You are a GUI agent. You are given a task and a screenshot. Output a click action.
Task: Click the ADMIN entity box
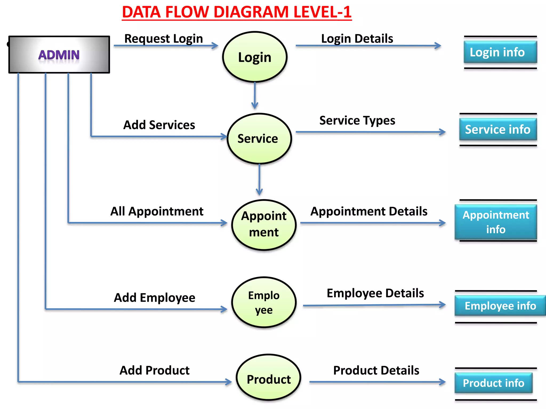click(59, 55)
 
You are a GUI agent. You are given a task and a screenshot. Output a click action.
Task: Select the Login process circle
click(255, 57)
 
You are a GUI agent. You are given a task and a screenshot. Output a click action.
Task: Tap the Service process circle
click(259, 138)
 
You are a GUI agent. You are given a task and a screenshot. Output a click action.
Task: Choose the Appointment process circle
click(264, 224)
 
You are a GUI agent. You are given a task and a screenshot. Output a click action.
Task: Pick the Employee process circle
click(264, 302)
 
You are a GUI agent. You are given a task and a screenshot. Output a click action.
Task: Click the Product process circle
click(268, 378)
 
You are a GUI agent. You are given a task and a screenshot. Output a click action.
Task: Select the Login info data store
click(500, 52)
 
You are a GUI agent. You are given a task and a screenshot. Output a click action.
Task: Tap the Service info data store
click(498, 129)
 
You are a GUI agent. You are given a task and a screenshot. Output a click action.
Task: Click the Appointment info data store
click(496, 222)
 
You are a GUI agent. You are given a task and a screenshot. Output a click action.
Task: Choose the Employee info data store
click(500, 306)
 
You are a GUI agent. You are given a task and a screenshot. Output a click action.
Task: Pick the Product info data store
click(493, 383)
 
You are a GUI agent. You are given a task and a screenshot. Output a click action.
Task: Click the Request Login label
click(163, 39)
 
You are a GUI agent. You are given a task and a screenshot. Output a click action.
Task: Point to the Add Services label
click(159, 125)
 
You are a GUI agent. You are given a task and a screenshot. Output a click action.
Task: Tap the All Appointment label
click(157, 211)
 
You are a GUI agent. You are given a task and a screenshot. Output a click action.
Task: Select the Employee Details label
click(375, 293)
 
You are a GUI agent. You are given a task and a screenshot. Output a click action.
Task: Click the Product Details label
click(376, 370)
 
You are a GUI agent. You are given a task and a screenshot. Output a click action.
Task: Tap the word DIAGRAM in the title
click(251, 12)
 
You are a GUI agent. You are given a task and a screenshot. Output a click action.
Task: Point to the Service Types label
click(357, 121)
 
